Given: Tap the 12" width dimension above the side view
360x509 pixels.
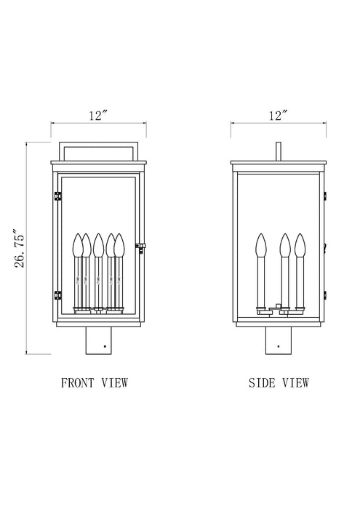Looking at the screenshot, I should click(x=278, y=115).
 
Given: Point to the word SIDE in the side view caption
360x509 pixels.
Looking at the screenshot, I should click(x=260, y=382).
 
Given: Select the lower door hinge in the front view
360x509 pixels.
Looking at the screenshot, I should click(x=57, y=294).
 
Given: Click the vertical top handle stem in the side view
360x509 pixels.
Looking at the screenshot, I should click(x=278, y=150).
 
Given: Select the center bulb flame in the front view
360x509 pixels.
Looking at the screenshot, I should click(x=98, y=244).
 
